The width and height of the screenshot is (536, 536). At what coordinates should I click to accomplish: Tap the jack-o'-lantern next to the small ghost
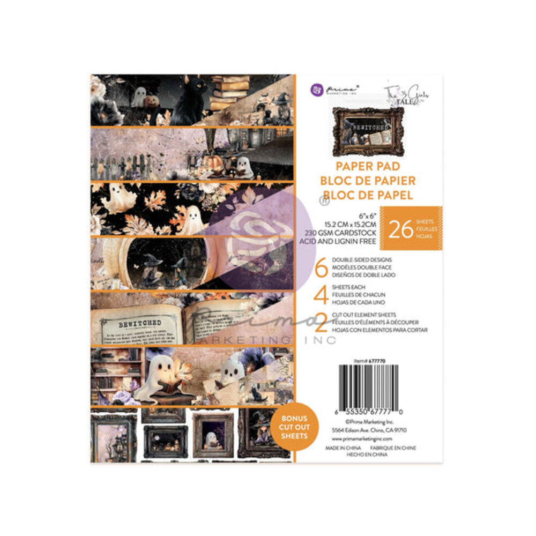[x=152, y=101]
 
